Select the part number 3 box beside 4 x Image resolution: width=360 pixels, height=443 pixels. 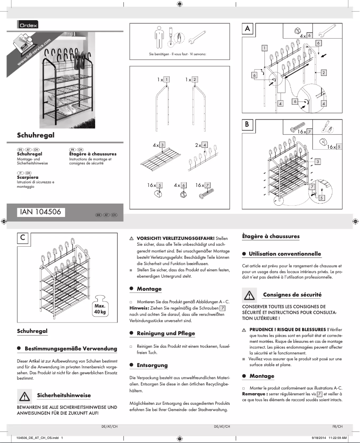[162, 145]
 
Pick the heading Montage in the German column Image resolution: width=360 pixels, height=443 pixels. [149, 289]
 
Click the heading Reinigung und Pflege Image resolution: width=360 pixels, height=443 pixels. [166, 333]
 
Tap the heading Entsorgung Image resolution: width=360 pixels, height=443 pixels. [152, 365]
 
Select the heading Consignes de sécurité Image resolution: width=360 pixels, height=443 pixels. [292, 295]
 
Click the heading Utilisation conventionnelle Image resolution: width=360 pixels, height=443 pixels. [285, 254]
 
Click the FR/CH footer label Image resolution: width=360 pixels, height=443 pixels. [338, 426]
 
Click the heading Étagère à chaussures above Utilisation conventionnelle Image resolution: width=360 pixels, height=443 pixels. [271, 236]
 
